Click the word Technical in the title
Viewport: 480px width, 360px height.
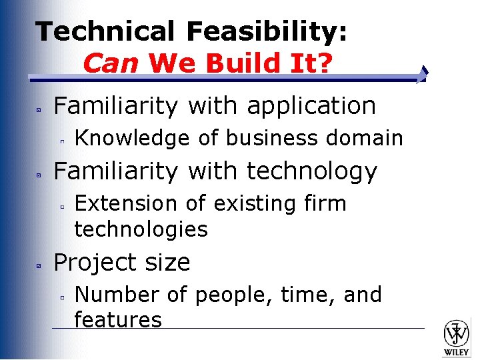pos(105,31)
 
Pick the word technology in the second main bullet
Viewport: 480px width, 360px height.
pos(312,171)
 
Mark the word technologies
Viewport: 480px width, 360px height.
pos(141,229)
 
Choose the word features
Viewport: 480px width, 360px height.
pos(118,320)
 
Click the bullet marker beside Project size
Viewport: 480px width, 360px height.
pos(39,265)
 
